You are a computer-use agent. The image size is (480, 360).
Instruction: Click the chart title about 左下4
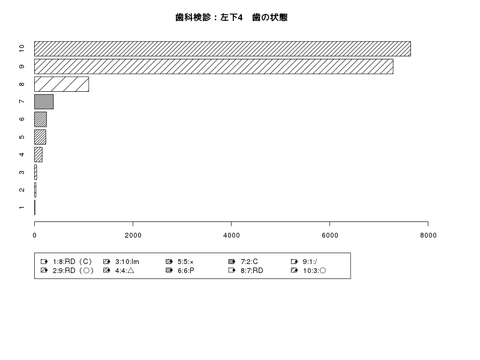click(x=232, y=17)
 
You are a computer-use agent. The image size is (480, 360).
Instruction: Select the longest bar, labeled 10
click(x=223, y=49)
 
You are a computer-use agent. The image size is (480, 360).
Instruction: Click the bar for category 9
click(x=214, y=67)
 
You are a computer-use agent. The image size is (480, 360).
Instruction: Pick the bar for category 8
click(x=62, y=84)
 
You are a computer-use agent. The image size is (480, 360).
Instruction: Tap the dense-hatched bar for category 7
click(x=44, y=101)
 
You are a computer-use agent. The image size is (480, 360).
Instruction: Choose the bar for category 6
click(x=40, y=119)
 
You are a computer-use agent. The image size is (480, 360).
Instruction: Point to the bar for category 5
click(x=40, y=137)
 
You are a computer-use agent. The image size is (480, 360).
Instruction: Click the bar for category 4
click(x=38, y=155)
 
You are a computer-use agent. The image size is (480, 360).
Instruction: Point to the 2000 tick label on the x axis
click(x=133, y=235)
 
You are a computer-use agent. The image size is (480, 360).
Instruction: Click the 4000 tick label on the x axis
click(x=232, y=235)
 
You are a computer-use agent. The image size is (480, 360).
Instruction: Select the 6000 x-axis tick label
click(x=329, y=235)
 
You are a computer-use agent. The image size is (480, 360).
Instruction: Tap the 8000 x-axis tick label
click(x=428, y=235)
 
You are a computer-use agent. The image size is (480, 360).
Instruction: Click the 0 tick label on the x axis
click(x=35, y=235)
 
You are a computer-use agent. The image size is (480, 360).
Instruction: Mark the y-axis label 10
click(x=22, y=49)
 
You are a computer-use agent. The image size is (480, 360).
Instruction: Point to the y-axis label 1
click(x=22, y=208)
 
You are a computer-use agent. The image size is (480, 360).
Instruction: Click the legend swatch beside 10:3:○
click(x=294, y=271)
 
